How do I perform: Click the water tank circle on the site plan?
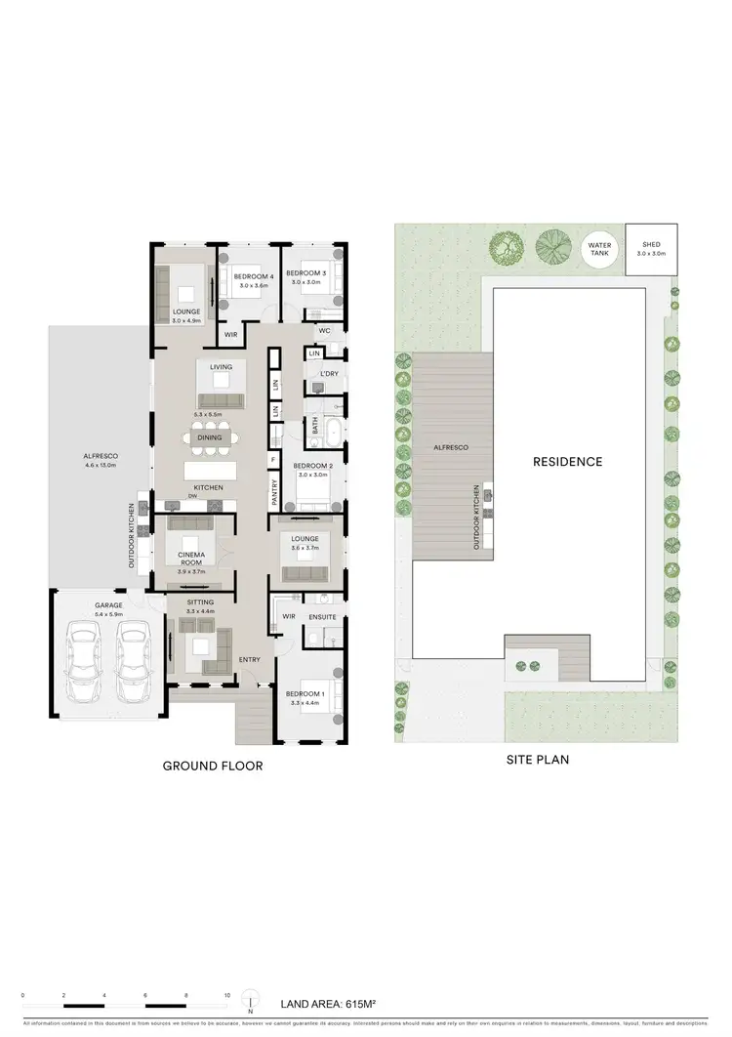click(597, 250)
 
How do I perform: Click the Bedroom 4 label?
click(249, 274)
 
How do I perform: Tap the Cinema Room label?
click(190, 558)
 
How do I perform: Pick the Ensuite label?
click(321, 616)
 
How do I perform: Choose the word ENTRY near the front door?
click(250, 659)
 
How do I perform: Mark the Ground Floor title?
click(212, 767)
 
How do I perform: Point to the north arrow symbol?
click(252, 1000)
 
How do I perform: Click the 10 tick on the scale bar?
click(227, 995)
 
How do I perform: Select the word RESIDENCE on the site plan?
click(568, 461)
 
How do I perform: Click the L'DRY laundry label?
click(328, 374)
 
